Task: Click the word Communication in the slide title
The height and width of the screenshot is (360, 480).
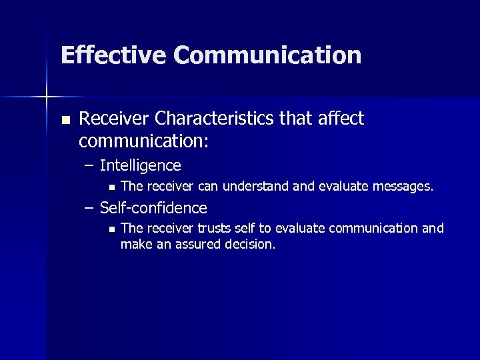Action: click(267, 55)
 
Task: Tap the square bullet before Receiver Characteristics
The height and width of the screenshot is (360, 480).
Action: click(65, 120)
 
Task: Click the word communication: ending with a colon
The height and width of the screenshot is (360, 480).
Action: click(143, 141)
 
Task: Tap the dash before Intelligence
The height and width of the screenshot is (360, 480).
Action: click(89, 165)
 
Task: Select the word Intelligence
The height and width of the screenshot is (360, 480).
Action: click(140, 165)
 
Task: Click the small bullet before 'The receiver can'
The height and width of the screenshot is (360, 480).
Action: click(111, 187)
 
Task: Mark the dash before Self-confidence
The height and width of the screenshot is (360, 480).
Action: click(89, 207)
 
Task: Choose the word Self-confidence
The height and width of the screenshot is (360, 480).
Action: click(153, 207)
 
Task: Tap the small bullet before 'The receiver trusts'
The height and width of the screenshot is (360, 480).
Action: click(111, 229)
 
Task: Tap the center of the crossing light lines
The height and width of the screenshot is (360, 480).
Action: click(47, 97)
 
